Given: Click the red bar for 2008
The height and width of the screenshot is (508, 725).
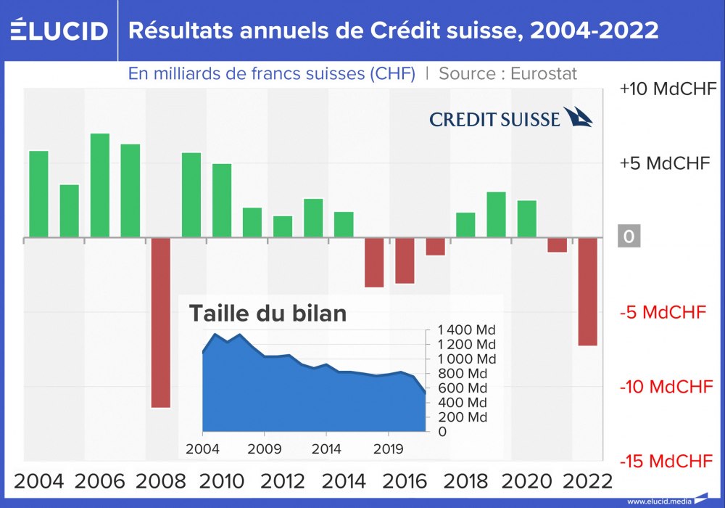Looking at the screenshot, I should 161,322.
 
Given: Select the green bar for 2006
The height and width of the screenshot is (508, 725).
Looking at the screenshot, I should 100,185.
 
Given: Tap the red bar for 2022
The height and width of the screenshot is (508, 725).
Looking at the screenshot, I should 588,291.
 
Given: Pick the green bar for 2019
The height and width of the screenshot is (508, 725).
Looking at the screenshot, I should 496,214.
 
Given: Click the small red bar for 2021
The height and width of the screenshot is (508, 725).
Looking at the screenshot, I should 558,245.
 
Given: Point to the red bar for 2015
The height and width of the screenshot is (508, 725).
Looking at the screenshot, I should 374,262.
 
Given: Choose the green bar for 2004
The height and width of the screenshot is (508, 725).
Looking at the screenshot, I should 38,194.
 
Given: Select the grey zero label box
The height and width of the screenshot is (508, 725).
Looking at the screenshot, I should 629,237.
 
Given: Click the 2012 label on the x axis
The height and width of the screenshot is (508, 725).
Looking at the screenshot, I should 283,481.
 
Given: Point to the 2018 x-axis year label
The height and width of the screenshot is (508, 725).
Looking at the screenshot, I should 465,481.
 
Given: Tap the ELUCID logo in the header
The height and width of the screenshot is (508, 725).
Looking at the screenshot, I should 59,30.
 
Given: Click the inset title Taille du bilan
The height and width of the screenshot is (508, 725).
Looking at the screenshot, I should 268,313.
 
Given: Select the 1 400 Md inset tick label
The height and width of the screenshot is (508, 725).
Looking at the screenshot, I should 466,330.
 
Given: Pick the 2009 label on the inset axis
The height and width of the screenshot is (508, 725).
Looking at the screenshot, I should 265,448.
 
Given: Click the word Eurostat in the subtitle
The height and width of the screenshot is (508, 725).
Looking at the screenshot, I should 544,73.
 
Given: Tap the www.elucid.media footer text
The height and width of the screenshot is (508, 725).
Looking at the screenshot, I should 658,501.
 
